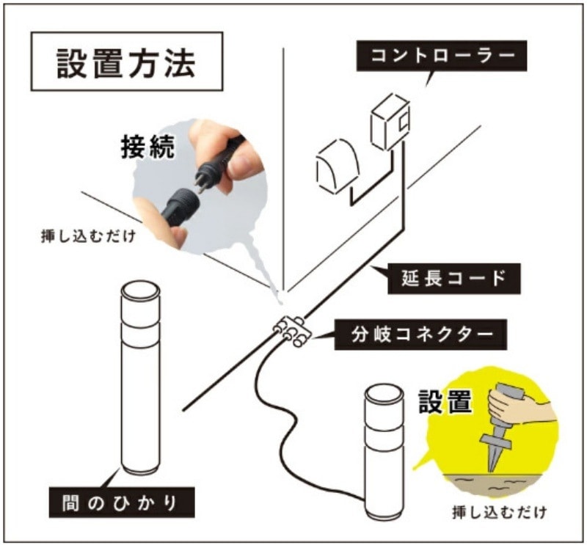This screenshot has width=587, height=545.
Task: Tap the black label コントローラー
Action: pos(442,56)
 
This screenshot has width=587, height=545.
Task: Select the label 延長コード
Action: pos(453,279)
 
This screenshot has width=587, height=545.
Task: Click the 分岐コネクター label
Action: pos(420,334)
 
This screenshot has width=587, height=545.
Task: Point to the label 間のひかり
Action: pos(122,502)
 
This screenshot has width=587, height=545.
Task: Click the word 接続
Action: pos(148,147)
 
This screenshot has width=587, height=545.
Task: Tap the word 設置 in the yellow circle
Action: pos(445,401)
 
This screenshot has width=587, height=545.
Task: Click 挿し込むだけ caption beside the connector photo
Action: pos(88,237)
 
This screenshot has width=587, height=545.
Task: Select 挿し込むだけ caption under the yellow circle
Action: pos(500,512)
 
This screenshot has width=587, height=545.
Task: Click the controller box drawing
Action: pos(390,122)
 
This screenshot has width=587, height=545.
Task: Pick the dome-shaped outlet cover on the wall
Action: pos(338,166)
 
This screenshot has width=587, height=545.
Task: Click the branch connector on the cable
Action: pos(292,332)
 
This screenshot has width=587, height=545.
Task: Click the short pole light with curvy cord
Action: pos(384,451)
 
